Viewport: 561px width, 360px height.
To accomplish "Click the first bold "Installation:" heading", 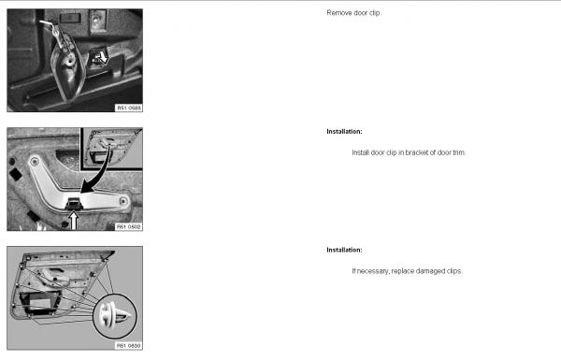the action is (x=344, y=131).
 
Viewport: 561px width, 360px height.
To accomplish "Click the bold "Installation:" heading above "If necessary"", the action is (x=344, y=250).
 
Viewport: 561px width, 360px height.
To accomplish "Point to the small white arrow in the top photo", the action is (x=103, y=57).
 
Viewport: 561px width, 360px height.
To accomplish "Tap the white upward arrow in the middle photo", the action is (x=73, y=220).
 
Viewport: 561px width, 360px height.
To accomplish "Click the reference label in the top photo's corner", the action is (x=129, y=108).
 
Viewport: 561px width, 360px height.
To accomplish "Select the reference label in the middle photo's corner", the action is (x=129, y=227).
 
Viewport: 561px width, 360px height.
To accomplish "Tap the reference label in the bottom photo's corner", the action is (x=129, y=346).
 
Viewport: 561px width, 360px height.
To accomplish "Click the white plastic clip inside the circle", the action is (x=114, y=315).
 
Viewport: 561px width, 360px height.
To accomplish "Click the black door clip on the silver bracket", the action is (x=74, y=203).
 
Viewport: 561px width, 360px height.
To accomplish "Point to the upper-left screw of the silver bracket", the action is (x=35, y=162).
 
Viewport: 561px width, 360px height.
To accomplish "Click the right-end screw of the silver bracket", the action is (x=123, y=201).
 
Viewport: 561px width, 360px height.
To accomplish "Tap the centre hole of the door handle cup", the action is (x=68, y=62).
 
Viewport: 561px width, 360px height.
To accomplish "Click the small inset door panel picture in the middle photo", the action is (x=111, y=149).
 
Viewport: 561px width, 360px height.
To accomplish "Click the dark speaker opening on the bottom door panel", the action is (x=40, y=303).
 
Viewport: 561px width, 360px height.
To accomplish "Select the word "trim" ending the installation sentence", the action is (x=458, y=152).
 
